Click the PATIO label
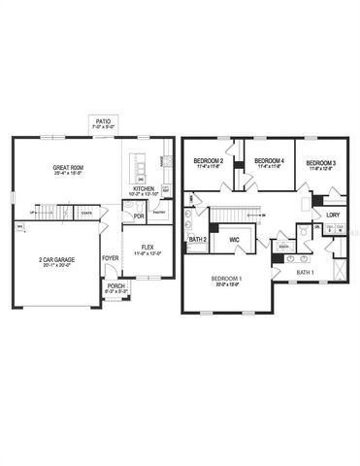tap(103, 121)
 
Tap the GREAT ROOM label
tap(69, 168)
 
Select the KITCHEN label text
tap(144, 189)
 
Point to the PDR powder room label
tap(139, 216)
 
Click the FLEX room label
tap(148, 248)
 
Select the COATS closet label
tap(86, 213)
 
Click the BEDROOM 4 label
tap(262, 160)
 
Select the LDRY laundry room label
tap(333, 215)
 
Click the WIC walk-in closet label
tap(234, 238)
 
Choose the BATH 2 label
tap(198, 239)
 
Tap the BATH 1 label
tap(306, 273)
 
